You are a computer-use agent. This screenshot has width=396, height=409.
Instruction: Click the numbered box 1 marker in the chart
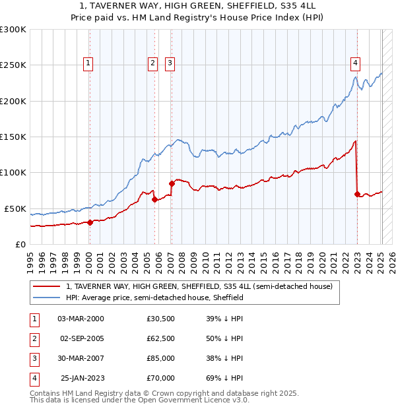click(88, 63)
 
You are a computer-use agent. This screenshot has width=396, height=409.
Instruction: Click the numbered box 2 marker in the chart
click(152, 63)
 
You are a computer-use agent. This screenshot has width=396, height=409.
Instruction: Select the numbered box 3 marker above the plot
click(170, 63)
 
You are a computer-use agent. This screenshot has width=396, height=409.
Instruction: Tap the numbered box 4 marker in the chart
click(355, 63)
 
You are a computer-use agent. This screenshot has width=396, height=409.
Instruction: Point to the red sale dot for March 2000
click(90, 222)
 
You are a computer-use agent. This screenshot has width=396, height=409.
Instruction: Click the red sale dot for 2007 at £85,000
click(172, 183)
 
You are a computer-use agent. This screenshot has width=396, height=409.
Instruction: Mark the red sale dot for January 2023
click(357, 194)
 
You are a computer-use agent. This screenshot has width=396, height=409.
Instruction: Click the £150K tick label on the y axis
click(13, 137)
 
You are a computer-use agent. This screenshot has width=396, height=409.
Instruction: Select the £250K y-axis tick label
click(13, 65)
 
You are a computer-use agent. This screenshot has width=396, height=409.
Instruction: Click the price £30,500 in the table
click(160, 319)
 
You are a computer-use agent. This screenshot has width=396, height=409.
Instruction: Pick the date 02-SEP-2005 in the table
click(82, 338)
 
